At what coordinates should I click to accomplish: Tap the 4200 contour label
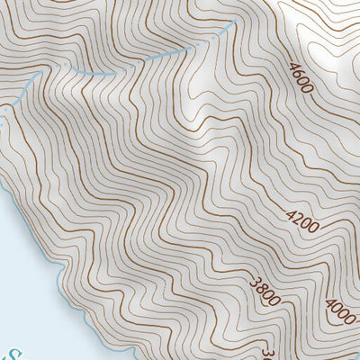point(301,220)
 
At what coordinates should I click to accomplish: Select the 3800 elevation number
point(265,293)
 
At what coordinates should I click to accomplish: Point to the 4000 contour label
point(340,311)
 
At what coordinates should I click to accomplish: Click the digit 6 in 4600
point(298,74)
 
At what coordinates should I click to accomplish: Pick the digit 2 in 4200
point(298,217)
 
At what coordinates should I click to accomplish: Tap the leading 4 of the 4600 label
point(292,67)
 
